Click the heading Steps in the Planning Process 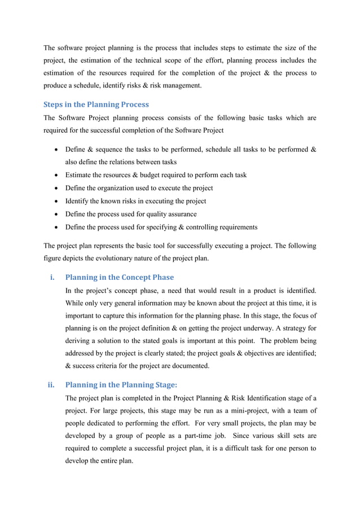[95, 104]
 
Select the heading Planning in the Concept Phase [120, 277]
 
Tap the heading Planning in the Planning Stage [121, 385]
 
